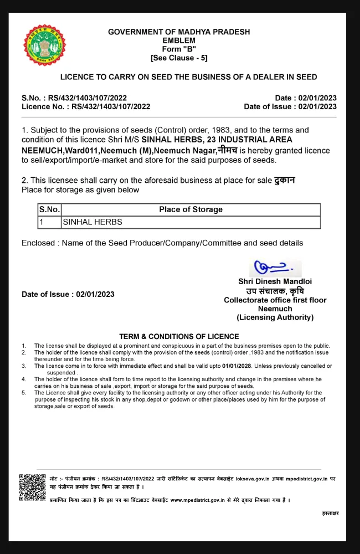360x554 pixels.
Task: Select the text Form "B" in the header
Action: [179, 49]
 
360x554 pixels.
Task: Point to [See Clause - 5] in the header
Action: [179, 58]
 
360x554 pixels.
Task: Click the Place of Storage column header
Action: [191, 209]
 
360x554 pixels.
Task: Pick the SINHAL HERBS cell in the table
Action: [92, 222]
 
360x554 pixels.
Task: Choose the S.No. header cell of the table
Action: [49, 209]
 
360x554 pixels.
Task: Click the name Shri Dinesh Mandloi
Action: [275, 281]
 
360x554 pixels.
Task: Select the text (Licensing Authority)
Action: [275, 317]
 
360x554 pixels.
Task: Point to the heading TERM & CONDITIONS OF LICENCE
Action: [179, 336]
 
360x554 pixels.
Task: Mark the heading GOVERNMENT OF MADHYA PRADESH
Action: [179, 32]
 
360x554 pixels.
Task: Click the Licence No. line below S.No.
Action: [86, 107]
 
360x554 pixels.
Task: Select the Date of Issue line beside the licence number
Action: [290, 107]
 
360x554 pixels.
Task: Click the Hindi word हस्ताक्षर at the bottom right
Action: [330, 514]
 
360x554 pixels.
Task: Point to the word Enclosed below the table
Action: [40, 243]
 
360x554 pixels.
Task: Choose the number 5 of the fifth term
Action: [24, 393]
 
